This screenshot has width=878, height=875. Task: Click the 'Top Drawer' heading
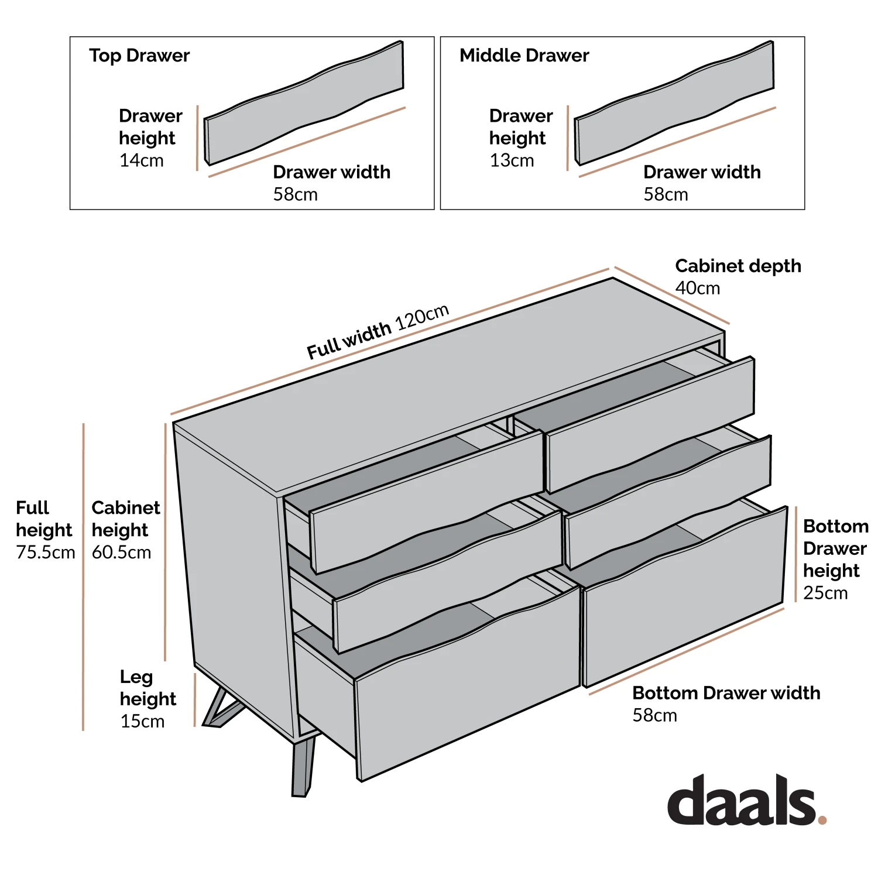(x=139, y=56)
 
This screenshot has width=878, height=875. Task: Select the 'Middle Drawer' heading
(x=524, y=56)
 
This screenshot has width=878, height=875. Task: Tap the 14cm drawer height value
(x=141, y=160)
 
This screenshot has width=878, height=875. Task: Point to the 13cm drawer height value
(x=512, y=160)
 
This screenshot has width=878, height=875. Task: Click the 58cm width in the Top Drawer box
(x=295, y=194)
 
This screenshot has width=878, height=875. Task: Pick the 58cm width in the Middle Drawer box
(x=666, y=194)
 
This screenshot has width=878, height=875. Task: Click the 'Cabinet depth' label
(x=738, y=266)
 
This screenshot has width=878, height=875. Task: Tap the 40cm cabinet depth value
(x=697, y=288)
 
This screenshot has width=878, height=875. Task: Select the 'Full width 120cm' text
(x=378, y=332)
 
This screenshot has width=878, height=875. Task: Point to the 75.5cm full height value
(x=46, y=552)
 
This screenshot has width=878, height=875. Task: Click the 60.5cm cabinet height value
(x=121, y=552)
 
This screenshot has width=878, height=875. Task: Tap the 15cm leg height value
(x=142, y=721)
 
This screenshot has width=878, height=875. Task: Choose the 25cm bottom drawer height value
(x=825, y=593)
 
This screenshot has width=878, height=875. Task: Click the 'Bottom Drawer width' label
(x=726, y=693)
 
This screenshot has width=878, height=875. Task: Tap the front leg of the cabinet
(x=303, y=767)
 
